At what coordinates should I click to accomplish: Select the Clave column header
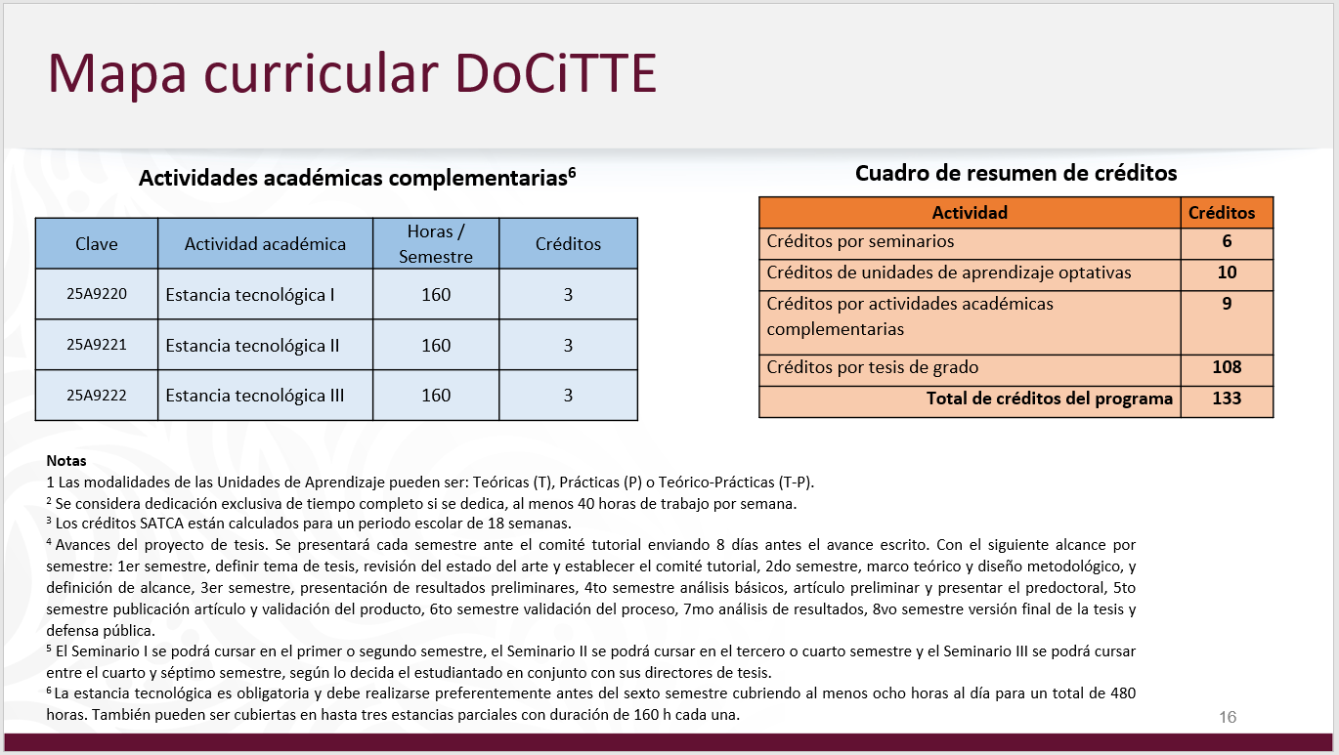[96, 244]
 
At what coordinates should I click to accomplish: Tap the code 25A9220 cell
[96, 294]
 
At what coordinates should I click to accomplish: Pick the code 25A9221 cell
[96, 345]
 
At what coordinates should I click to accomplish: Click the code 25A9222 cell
[96, 396]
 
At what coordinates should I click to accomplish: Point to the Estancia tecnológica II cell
[252, 345]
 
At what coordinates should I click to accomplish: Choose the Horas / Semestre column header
[436, 244]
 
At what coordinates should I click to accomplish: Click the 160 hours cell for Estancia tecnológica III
[436, 396]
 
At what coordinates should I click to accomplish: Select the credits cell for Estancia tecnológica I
[568, 294]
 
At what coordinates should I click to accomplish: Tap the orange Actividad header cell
[969, 213]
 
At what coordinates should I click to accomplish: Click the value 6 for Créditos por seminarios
[1227, 241]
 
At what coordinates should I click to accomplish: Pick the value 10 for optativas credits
[1227, 273]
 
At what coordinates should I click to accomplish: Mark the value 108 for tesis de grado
[1227, 367]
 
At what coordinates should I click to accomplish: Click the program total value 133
[1227, 398]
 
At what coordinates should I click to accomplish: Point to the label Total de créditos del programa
[1050, 398]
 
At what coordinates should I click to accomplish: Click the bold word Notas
[66, 460]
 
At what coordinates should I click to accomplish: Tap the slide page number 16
[1228, 717]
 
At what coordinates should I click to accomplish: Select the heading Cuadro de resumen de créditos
[1015, 173]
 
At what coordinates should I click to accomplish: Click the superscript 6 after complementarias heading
[572, 172]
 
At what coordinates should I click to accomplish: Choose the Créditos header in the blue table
[568, 244]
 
